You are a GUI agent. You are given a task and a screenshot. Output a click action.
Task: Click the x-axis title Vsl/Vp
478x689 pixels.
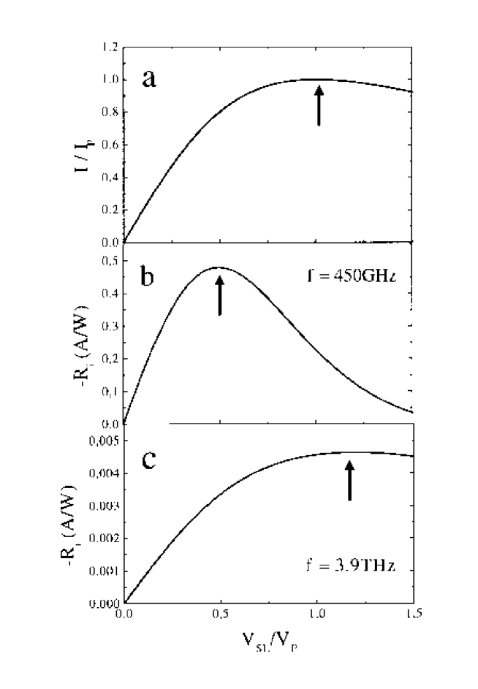(x=268, y=647)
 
